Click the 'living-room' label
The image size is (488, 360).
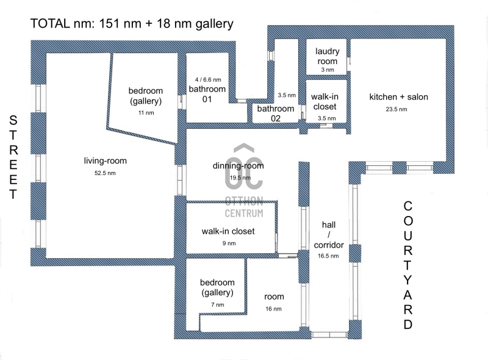coord(105,161)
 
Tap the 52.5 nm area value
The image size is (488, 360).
coord(105,173)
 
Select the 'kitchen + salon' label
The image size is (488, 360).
coord(398,97)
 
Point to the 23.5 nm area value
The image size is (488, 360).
coord(396,109)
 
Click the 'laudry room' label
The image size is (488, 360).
coord(327,56)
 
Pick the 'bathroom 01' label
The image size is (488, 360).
coord(207,94)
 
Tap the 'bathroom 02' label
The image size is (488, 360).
coord(276,113)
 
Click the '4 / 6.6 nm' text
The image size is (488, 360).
coord(208,80)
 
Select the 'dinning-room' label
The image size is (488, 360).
coord(238,166)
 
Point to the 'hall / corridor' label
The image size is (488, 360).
coord(329,235)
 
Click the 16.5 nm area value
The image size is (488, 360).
coord(328,256)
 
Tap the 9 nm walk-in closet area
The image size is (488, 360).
coord(229,243)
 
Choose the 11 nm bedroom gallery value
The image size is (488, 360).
coord(146,113)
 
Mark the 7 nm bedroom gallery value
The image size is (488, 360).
coord(217,305)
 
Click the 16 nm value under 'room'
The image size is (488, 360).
coord(273,309)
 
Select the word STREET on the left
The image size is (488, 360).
coord(13,157)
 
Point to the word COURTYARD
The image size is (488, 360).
coord(407,265)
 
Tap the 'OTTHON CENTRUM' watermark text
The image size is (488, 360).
coord(244,207)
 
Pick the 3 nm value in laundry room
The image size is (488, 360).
coord(328,70)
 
